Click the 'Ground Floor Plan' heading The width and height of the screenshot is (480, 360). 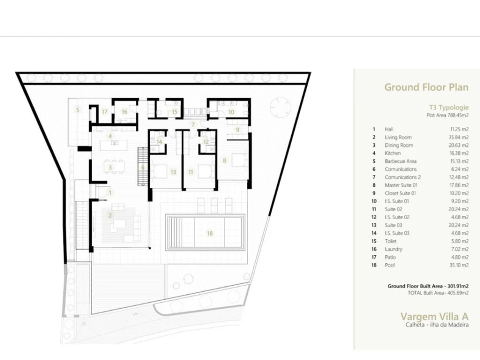[x=426, y=87]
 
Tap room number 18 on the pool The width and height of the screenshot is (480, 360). [x=209, y=233]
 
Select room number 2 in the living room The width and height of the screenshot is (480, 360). [x=109, y=215]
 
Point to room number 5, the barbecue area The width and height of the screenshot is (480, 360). [x=78, y=110]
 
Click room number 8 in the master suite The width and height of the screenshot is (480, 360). [x=224, y=160]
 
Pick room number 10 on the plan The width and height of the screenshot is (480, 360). [x=231, y=112]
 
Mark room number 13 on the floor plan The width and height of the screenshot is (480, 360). [x=173, y=172]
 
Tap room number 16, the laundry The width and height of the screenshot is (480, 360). [x=124, y=111]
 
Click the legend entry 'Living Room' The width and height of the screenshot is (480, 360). [x=398, y=137]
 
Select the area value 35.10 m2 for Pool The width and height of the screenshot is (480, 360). [x=458, y=265]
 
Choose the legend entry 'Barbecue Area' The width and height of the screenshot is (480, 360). [x=400, y=161]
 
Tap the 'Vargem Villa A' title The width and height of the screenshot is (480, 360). [x=434, y=316]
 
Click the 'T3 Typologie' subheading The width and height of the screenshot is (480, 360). [x=448, y=107]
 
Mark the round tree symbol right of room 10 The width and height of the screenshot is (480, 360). [x=280, y=107]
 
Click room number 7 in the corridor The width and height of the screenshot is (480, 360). [x=193, y=124]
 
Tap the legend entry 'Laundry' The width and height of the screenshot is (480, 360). [x=393, y=249]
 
